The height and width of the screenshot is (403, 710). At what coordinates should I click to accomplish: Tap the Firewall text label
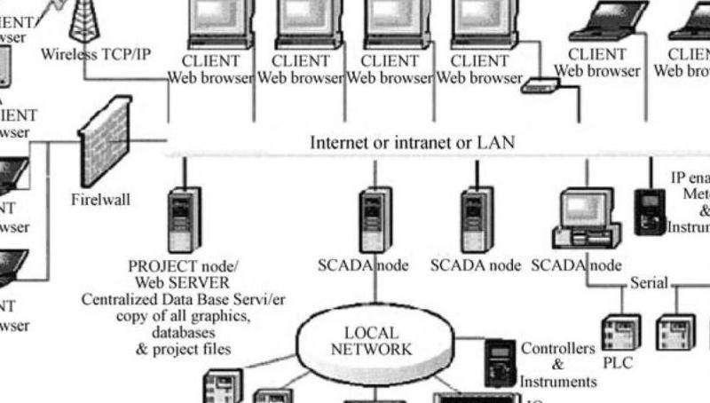tap(100, 200)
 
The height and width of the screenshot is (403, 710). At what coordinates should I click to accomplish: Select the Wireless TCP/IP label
tap(96, 54)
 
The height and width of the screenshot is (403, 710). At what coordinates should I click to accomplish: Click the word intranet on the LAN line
tap(399, 142)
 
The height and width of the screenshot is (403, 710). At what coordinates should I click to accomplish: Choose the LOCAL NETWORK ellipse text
tap(371, 341)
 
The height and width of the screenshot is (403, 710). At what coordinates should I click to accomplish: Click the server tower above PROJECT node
tap(183, 217)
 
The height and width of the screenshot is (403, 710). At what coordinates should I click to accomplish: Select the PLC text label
tap(617, 363)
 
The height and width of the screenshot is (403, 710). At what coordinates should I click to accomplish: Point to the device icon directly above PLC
tap(619, 331)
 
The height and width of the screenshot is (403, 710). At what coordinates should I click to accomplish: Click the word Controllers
tap(557, 348)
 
